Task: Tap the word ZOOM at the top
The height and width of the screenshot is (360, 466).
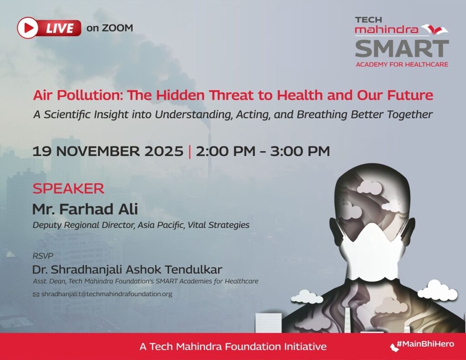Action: [117, 28]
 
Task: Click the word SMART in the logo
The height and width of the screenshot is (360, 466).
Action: [402, 49]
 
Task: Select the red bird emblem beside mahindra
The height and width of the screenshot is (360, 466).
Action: [435, 30]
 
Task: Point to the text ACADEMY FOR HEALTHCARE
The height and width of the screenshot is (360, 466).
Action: [402, 64]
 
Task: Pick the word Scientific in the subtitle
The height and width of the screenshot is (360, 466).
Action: [68, 114]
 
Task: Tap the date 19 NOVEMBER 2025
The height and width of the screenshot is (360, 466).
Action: [107, 151]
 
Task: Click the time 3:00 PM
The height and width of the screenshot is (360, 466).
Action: [300, 151]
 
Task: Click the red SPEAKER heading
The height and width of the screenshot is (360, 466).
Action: [68, 188]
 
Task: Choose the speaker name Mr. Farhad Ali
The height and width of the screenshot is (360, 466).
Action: [85, 209]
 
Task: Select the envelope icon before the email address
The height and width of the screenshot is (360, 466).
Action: [36, 294]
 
